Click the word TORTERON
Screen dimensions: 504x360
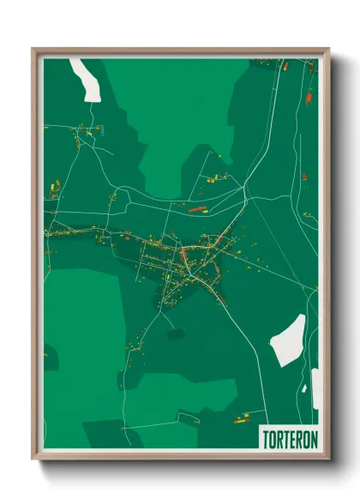(288, 437)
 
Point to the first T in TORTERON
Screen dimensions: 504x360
(265, 437)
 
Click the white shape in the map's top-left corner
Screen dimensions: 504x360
(86, 80)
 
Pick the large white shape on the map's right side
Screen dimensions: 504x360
(287, 340)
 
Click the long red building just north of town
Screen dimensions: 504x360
(197, 207)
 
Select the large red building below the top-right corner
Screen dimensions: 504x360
(308, 97)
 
